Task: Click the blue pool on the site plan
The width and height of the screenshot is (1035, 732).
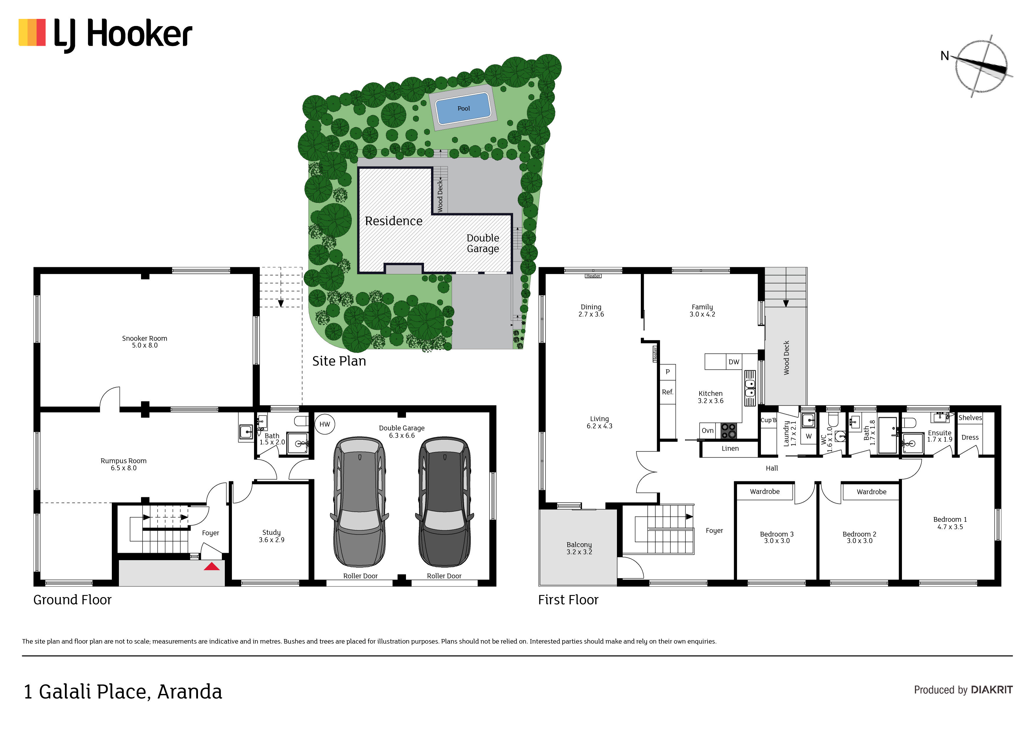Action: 464,108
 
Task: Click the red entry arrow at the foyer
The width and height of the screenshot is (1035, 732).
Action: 212,566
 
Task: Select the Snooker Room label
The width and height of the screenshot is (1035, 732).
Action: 145,342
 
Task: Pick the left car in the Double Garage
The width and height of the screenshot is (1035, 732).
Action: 360,501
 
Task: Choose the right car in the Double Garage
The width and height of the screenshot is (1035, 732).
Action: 444,501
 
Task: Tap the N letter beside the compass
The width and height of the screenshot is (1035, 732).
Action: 945,56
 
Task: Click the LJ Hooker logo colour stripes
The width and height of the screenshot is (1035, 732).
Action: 32,32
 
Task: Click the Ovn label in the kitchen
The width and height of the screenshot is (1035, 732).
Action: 708,431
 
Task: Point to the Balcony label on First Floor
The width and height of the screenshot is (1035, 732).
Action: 579,548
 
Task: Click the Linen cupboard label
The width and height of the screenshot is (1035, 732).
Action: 730,449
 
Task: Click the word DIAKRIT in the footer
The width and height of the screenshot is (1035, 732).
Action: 992,690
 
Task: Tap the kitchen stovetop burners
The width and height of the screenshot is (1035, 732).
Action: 728,431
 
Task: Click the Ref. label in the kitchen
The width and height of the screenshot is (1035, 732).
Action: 668,392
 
